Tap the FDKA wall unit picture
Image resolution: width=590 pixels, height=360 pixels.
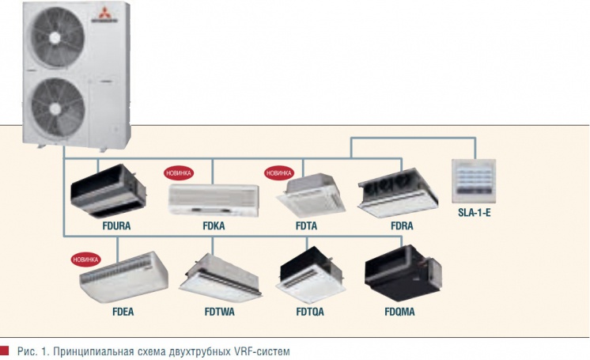[213, 197]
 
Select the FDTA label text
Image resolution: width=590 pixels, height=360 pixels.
[306, 225]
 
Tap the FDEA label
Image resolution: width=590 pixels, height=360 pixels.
[123, 312]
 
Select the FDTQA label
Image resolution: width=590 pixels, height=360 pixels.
[310, 312]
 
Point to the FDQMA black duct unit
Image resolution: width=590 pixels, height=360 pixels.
[403, 274]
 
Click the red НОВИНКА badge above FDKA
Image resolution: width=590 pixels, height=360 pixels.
[177, 172]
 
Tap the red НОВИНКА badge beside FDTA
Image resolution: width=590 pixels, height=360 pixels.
[279, 172]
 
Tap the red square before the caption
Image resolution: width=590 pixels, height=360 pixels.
[6, 350]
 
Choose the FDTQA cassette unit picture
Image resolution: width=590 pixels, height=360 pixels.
[310, 278]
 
